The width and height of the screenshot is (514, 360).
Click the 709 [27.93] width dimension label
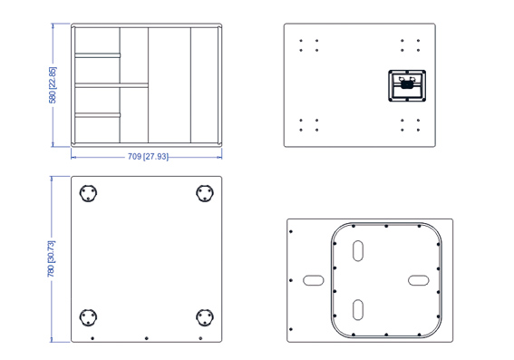[x=148, y=157]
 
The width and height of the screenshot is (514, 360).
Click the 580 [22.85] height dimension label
[x=53, y=85]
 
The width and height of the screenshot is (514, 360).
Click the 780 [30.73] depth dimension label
[x=52, y=259]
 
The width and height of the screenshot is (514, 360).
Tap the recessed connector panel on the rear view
[x=407, y=85]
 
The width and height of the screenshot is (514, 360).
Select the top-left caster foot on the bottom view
[x=88, y=193]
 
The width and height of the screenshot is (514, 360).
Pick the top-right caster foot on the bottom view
[x=205, y=193]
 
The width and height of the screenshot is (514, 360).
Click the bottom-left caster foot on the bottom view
[x=88, y=317]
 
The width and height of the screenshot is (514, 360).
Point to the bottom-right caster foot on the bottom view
[x=205, y=317]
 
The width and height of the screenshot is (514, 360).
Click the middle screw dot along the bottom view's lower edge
[x=147, y=338]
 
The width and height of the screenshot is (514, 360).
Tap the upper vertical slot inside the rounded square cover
[x=358, y=251]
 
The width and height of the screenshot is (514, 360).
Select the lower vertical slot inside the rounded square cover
[x=358, y=310]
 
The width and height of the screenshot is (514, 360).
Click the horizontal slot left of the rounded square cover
[x=314, y=280]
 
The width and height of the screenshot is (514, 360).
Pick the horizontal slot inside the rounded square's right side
[x=418, y=280]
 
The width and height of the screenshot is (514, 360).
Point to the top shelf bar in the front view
[x=98, y=55]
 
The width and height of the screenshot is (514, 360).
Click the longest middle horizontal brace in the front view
[x=112, y=85]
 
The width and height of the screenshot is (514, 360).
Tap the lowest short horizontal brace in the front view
[x=98, y=115]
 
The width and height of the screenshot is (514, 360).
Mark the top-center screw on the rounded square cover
[x=386, y=226]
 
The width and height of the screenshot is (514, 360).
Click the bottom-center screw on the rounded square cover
[x=386, y=335]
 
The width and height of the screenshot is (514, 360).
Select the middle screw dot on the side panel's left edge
[x=291, y=280]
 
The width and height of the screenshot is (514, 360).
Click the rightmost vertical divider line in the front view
[x=190, y=85]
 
